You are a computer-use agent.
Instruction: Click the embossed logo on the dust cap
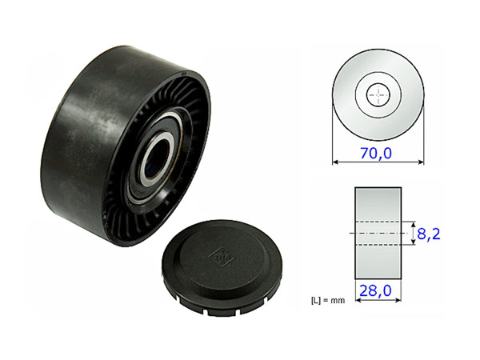[x=218, y=256]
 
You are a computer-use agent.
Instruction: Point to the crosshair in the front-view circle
[x=378, y=94]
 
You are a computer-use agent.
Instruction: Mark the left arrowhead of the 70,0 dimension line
[x=335, y=162]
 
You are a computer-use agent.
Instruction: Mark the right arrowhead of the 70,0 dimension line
[x=422, y=162]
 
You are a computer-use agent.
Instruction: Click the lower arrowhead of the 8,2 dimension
[x=413, y=246]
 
